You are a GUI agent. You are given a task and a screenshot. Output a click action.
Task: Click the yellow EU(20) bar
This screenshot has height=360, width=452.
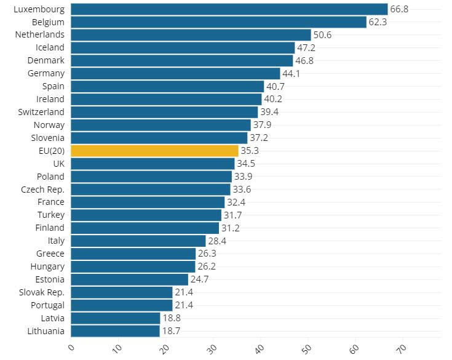pyautogui.click(x=154, y=151)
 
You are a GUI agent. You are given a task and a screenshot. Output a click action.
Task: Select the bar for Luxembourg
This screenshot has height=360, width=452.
pyautogui.click(x=229, y=9)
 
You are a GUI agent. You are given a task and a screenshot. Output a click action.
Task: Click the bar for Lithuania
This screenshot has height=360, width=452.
pyautogui.click(x=115, y=331)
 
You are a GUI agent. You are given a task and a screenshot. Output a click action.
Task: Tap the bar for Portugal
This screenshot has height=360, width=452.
pyautogui.click(x=122, y=305)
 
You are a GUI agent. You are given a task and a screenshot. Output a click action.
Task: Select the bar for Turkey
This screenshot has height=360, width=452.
pyautogui.click(x=146, y=215)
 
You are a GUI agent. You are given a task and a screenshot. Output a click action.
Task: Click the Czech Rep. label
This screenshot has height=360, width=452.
pyautogui.click(x=42, y=189)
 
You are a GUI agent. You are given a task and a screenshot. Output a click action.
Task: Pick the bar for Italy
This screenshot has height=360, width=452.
pyautogui.click(x=138, y=241)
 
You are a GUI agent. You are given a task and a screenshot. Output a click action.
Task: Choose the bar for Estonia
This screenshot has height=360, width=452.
pyautogui.click(x=129, y=279)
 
